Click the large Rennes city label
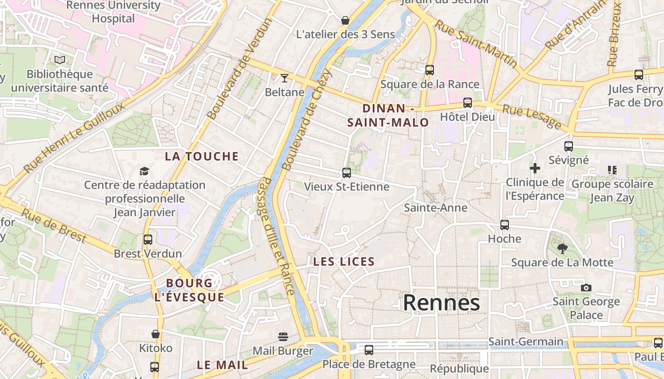(441, 303)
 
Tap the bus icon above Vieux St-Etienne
(347, 173)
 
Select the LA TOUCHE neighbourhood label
(202, 156)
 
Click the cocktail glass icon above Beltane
(284, 78)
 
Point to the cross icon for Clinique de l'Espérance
(535, 168)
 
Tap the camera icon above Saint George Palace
(586, 288)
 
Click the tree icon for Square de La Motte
(562, 248)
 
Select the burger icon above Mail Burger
(283, 337)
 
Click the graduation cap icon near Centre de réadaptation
(144, 171)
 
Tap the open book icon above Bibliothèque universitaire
(60, 60)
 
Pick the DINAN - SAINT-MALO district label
(388, 116)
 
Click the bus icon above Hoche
(505, 225)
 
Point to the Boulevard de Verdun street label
(240, 69)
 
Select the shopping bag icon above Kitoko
(156, 334)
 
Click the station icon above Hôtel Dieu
(468, 103)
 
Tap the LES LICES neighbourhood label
(344, 262)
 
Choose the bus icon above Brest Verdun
(148, 240)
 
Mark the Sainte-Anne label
(435, 208)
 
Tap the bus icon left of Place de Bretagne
(369, 350)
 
